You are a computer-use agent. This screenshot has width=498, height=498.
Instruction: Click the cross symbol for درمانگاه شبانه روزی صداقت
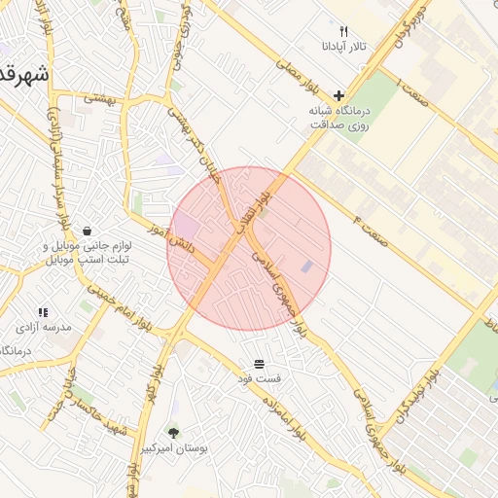pos(338,95)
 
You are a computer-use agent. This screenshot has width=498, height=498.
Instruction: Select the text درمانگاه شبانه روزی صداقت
pos(340,118)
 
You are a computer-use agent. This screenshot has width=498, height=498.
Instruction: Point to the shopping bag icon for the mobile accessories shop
pos(89,231)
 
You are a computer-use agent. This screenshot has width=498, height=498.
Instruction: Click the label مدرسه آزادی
pos(43,328)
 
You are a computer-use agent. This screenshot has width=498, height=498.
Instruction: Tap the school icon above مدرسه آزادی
pos(43,312)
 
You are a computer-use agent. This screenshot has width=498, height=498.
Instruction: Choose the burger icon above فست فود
pos(260,361)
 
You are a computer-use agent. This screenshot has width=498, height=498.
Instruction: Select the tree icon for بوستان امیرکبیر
pos(173,432)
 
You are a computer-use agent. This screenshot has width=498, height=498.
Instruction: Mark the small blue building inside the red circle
pos(307,266)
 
